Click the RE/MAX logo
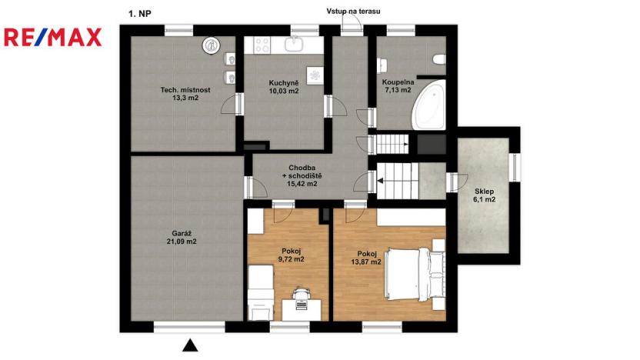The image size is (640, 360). point(53,37)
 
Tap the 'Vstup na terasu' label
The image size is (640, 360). point(353,12)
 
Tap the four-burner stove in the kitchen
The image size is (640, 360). point(261,45)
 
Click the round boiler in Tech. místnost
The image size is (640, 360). point(211,45)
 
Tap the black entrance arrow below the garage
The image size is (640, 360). point(190,345)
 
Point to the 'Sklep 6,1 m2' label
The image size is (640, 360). point(484,195)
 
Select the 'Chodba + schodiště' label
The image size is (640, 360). point(305,176)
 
